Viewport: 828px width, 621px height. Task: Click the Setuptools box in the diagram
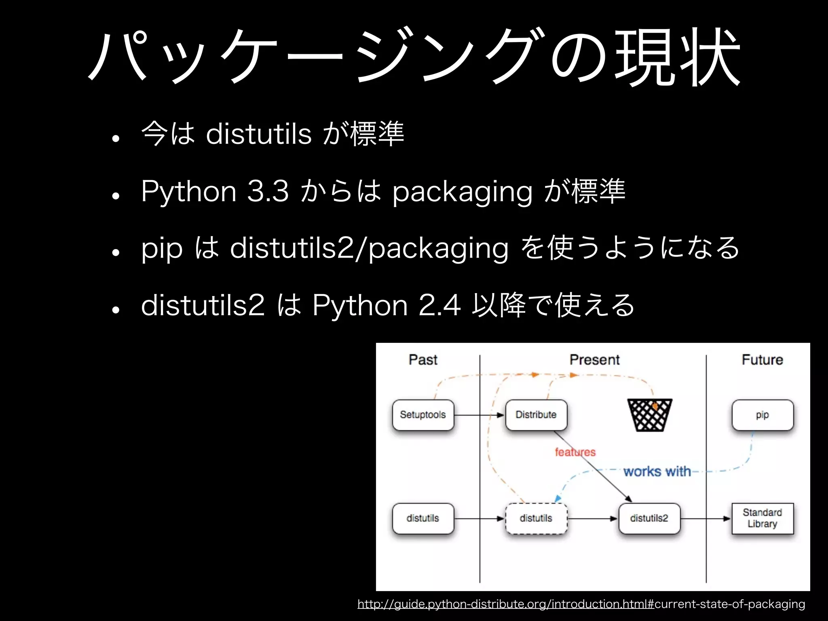[x=423, y=415]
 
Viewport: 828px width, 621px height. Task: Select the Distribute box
[x=536, y=415]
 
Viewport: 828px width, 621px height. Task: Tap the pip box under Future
[x=763, y=415]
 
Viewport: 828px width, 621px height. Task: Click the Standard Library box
[x=763, y=518]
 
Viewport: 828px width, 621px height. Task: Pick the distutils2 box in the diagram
[x=649, y=518]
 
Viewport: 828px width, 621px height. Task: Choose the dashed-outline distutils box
[x=536, y=518]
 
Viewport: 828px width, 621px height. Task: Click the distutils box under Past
[x=423, y=518]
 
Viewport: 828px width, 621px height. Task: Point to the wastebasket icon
[x=650, y=415]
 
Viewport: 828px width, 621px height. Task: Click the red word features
[x=575, y=452]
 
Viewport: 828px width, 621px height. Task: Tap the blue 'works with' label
[x=657, y=471]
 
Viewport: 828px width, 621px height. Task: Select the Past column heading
[x=423, y=359]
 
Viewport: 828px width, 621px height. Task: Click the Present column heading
[x=594, y=359]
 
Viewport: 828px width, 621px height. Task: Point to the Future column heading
[x=763, y=359]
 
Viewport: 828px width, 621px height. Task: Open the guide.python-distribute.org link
[x=581, y=604]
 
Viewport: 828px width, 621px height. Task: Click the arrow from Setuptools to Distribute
[x=479, y=415]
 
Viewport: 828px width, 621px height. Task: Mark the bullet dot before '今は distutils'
[x=116, y=139]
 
